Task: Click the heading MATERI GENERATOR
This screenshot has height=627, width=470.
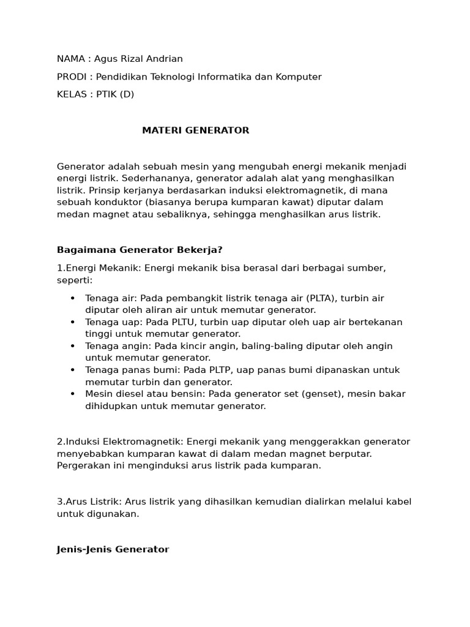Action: (195, 130)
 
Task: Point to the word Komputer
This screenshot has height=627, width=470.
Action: (297, 77)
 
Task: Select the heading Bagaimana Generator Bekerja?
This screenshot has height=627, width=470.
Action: (140, 250)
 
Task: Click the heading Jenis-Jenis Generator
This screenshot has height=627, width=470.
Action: (113, 549)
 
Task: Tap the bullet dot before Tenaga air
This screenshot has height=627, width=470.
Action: (72, 298)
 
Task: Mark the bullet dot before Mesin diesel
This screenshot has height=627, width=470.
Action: (72, 394)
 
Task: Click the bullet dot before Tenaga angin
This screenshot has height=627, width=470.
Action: (72, 346)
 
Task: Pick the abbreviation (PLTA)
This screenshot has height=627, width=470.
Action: (317, 298)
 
